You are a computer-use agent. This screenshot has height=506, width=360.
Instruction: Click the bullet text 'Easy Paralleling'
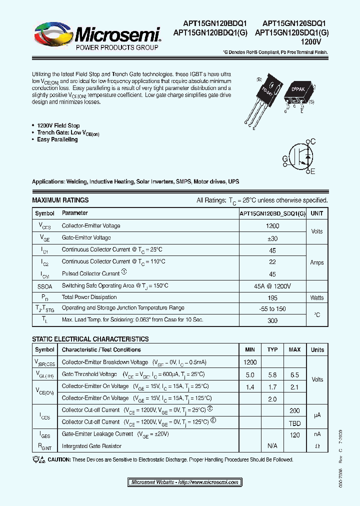(57, 140)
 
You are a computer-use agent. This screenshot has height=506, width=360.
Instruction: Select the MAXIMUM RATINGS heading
(60, 200)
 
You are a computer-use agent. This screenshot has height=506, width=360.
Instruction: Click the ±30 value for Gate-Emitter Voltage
(272, 238)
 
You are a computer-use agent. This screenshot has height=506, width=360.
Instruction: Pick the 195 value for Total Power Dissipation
(272, 297)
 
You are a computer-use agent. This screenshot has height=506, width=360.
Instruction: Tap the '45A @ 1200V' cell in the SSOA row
(272, 286)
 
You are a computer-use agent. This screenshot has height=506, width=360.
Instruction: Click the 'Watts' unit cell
(316, 297)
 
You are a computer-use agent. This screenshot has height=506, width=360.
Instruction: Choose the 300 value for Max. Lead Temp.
(272, 320)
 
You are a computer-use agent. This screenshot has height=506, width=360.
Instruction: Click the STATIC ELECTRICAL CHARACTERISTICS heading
(90, 339)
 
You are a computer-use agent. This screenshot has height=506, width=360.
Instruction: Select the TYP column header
(272, 349)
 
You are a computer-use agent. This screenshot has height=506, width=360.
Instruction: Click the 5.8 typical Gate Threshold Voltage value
(272, 374)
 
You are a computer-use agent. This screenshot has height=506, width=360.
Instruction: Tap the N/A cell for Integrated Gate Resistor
(272, 445)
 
